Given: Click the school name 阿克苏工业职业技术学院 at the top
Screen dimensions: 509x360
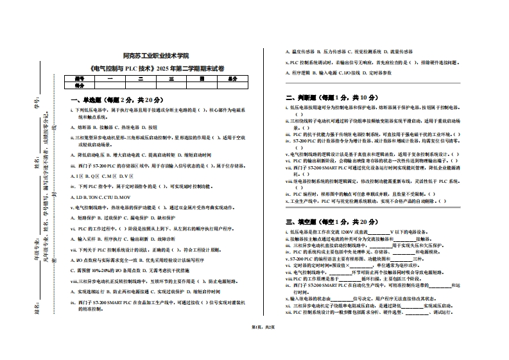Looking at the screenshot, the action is pyautogui.click(x=156, y=56).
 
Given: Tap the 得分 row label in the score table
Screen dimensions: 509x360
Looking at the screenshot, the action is pyautogui.click(x=80, y=85).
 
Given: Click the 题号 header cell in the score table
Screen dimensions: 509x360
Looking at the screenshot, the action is pyautogui.click(x=80, y=79).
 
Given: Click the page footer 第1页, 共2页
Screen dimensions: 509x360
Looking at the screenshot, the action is pyautogui.click(x=254, y=327).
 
